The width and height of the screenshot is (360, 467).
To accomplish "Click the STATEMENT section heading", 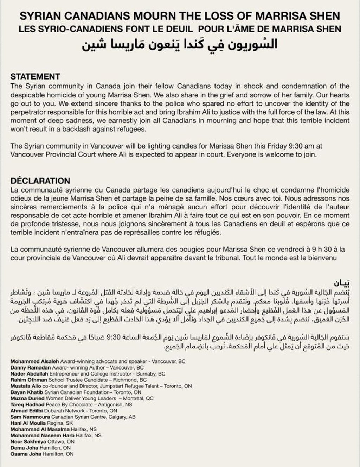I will pos(35,77).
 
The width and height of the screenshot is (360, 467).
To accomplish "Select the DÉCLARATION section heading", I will pos(40,181).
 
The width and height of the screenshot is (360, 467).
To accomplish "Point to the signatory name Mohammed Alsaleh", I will pos(35,361).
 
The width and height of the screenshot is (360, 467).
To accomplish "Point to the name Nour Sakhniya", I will pos(27,442).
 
